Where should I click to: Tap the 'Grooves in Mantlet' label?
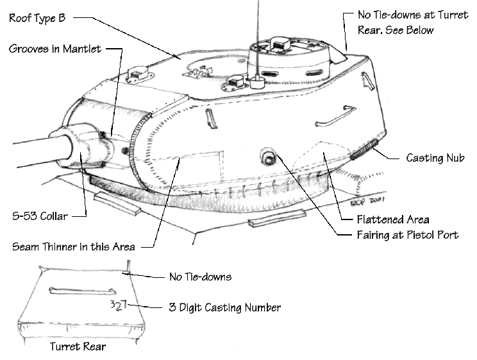54,49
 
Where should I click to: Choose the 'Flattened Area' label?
394,219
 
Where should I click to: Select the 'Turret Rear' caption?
77,347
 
